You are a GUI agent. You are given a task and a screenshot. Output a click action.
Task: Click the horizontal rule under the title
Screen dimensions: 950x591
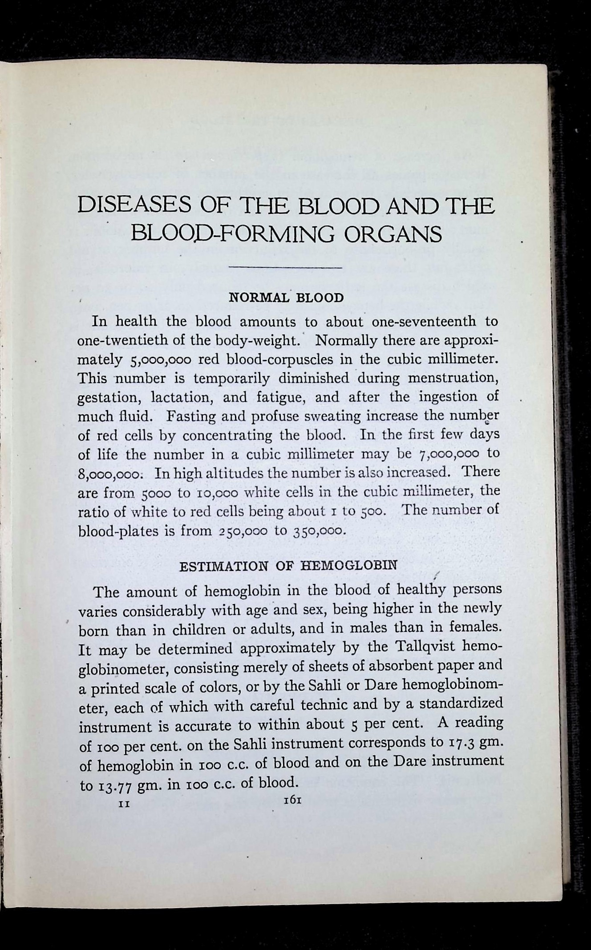click(x=284, y=268)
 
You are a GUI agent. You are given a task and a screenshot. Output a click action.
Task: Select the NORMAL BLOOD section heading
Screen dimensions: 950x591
click(x=286, y=298)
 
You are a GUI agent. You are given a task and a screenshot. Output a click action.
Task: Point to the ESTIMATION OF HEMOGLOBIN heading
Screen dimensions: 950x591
click(x=287, y=566)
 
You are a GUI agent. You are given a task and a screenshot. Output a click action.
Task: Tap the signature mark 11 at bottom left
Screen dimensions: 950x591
click(x=123, y=803)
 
